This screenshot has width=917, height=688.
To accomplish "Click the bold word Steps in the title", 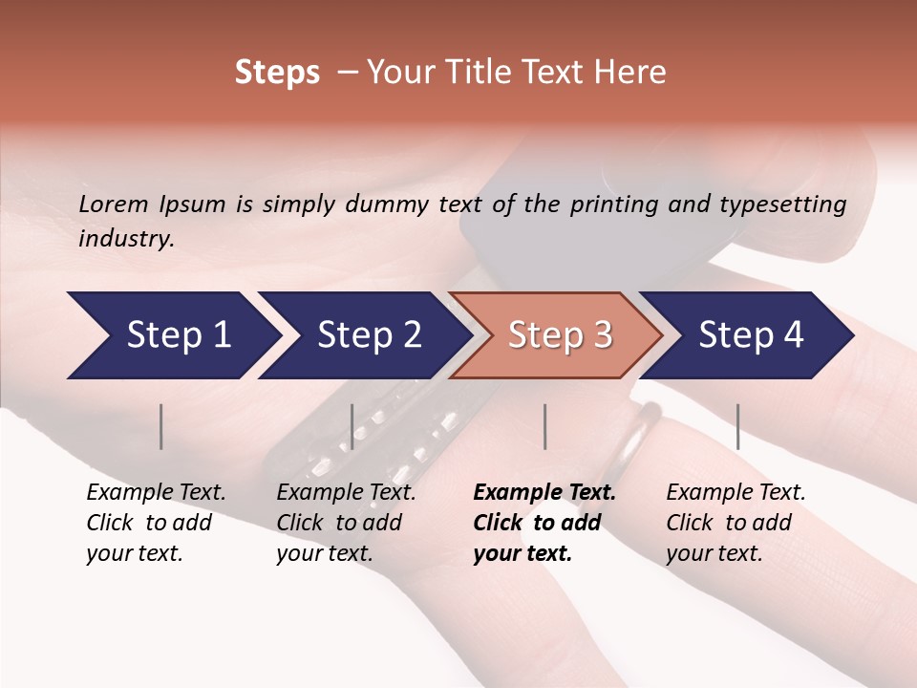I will pos(277,73).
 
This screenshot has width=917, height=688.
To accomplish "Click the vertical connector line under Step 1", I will pos(161,426).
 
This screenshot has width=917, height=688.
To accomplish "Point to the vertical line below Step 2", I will pos(352,426).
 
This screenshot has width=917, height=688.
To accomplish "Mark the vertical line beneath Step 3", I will pos(544,426).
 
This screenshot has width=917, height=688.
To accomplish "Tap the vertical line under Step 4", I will pos(737,426).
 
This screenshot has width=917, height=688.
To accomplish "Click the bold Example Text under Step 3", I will pos(544,493).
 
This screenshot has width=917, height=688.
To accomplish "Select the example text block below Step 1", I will pos(156,523).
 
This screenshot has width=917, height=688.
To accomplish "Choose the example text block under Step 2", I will pos(346,523).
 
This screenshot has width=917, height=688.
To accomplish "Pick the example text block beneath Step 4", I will pos(736,523).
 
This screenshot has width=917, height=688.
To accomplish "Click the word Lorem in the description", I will pos(114,204).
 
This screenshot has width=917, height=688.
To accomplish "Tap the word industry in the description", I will pos(126,239).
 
